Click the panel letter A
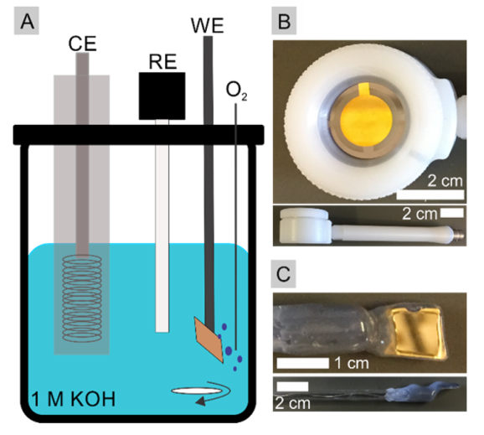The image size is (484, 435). pyautogui.click(x=27, y=22)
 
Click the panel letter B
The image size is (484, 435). pyautogui.click(x=285, y=22)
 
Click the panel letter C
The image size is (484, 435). pyautogui.click(x=283, y=274)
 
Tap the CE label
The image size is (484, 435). pyautogui.click(x=82, y=44)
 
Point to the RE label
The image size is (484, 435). pyautogui.click(x=162, y=62)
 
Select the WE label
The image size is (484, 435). pyautogui.click(x=207, y=25)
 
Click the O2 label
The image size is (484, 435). pyautogui.click(x=236, y=91)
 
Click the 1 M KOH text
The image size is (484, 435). pyautogui.click(x=74, y=399)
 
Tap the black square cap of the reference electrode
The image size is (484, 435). pyautogui.click(x=162, y=96)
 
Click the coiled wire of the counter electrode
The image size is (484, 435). pyautogui.click(x=82, y=298)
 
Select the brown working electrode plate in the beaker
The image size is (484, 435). pyautogui.click(x=209, y=339)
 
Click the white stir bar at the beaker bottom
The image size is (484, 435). pyautogui.click(x=197, y=391)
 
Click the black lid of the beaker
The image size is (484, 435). pyautogui.click(x=139, y=135)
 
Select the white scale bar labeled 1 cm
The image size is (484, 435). pyautogui.click(x=303, y=363)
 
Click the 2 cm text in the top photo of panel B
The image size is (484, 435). pyautogui.click(x=445, y=181)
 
